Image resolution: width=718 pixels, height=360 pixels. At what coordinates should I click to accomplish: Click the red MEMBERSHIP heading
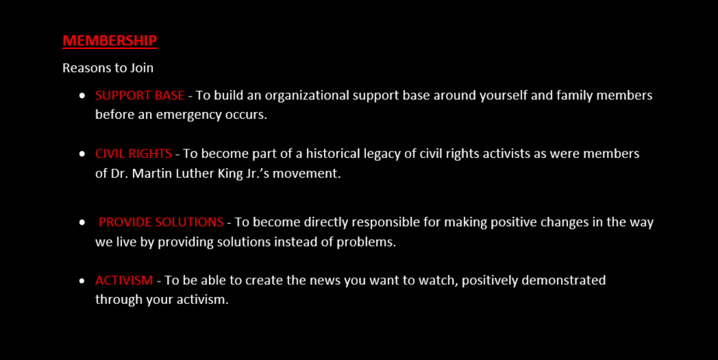pyautogui.click(x=110, y=40)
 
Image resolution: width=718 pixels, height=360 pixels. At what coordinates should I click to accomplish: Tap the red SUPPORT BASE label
pyautogui.click(x=140, y=96)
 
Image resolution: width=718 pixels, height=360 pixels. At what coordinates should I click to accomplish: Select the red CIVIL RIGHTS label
pyautogui.click(x=133, y=153)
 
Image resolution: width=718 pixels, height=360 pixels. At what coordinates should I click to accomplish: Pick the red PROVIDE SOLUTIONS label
pyautogui.click(x=161, y=222)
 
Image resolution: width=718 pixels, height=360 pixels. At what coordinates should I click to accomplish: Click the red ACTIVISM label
pyautogui.click(x=124, y=281)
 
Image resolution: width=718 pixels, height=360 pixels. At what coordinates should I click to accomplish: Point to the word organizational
pyautogui.click(x=307, y=96)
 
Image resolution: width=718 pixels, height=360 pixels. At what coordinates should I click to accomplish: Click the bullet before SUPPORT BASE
pyautogui.click(x=82, y=96)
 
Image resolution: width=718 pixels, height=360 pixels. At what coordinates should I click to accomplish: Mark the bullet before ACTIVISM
pyautogui.click(x=82, y=281)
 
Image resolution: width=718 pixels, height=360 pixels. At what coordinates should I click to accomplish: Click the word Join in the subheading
pyautogui.click(x=141, y=68)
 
